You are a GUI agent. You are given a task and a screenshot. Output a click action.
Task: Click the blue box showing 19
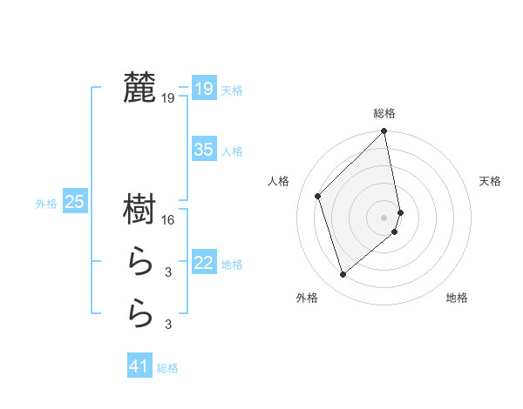pos(203,88)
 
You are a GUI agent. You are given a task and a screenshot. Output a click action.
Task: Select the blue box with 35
pos(203,149)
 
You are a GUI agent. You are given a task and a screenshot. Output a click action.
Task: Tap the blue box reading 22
pos(203,262)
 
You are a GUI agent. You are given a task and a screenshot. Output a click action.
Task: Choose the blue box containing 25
pos(74,202)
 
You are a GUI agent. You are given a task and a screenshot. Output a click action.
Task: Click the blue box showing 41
pos(139,366)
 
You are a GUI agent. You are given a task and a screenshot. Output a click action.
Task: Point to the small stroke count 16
pos(168,220)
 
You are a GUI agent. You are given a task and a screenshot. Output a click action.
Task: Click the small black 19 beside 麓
pos(168,98)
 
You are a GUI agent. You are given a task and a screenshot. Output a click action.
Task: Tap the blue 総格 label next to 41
pos(167,368)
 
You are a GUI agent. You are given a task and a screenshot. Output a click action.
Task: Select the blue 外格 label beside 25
pos(46,204)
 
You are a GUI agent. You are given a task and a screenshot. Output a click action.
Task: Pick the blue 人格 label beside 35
pos(232,151)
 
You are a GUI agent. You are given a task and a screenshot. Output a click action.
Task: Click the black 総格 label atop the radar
pos(384,113)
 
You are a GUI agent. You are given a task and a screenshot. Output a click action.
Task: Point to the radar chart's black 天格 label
pos(490,181)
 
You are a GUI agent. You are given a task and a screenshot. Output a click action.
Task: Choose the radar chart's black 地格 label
pos(457,298)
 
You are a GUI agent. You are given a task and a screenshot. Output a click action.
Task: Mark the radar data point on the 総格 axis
pos(384,132)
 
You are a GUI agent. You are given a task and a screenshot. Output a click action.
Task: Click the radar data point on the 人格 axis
pos(318,196)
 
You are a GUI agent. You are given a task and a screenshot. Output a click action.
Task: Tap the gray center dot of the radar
pos(384,217)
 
